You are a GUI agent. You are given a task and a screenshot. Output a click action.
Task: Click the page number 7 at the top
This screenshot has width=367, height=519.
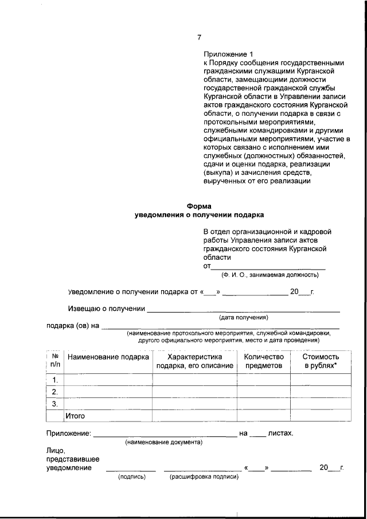(199, 37)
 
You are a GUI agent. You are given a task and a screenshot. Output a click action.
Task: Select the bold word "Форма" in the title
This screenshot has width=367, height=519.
(199, 206)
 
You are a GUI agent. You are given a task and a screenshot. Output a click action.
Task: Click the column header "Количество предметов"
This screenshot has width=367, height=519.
(264, 361)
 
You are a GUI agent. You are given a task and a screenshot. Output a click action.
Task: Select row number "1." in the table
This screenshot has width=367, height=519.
(55, 380)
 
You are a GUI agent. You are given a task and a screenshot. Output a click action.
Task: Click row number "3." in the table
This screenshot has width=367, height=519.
(55, 404)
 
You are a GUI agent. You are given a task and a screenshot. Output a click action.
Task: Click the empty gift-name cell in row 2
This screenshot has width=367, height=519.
(108, 392)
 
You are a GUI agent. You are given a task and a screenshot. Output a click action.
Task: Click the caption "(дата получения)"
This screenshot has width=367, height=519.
(244, 317)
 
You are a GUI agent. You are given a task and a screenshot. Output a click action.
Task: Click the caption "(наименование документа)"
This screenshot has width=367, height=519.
(163, 442)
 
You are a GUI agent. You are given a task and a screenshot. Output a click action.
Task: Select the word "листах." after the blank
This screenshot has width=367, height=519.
(281, 433)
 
